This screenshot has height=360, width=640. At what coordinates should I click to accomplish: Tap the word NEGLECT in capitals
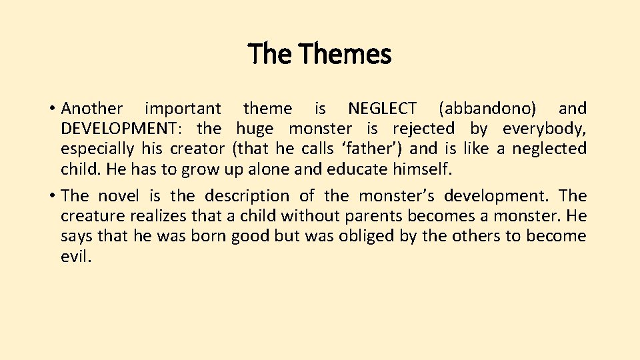(383, 109)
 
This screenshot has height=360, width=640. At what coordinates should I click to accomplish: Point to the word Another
(92, 109)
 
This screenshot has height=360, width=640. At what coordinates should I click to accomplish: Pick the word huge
(255, 129)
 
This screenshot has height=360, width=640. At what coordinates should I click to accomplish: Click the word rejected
(423, 129)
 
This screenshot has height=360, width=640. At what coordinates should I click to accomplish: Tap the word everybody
(544, 129)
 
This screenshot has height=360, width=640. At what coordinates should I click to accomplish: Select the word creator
(197, 149)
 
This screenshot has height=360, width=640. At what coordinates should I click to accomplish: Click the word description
(247, 196)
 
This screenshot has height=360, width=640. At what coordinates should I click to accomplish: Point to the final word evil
(75, 257)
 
